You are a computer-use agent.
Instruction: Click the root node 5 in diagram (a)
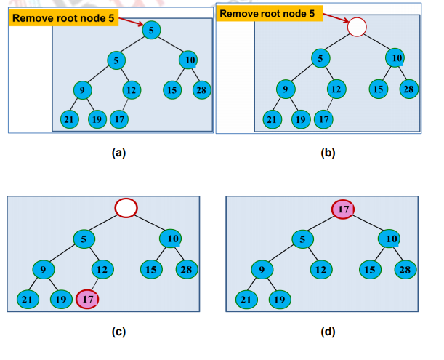[151, 30]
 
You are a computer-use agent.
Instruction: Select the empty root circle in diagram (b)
[357, 27]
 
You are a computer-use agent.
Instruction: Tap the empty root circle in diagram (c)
[126, 208]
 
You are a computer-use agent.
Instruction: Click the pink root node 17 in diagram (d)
[343, 209]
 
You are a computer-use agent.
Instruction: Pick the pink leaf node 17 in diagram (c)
[87, 299]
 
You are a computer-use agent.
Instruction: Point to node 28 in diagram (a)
[201, 90]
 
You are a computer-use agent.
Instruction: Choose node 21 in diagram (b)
[272, 119]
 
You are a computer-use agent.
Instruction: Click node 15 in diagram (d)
[370, 269]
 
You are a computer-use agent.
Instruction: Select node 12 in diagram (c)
[102, 269]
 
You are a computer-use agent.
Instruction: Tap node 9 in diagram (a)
[82, 90]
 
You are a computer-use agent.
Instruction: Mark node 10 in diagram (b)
[395, 58]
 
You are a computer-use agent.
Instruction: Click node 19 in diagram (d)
[280, 300]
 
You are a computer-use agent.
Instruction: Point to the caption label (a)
[118, 153]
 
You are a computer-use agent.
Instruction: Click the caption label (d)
[328, 332]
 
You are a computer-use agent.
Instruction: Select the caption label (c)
[118, 332]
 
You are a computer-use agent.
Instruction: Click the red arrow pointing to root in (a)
[131, 22]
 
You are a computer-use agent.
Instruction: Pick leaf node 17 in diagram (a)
[119, 119]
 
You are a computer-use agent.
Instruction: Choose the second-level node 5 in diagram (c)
[84, 239]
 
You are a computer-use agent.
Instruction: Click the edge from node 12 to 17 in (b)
[330, 105]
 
